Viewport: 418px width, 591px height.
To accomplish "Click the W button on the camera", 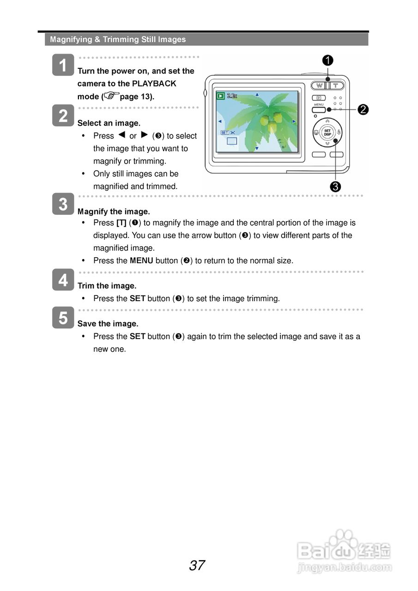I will (x=319, y=85).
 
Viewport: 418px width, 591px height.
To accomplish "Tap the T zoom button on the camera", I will (x=336, y=85).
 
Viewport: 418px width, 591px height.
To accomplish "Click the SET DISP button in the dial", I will (x=327, y=132).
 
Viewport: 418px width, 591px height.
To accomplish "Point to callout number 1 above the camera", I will (x=328, y=60).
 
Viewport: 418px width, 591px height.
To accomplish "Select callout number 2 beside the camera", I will (x=363, y=109).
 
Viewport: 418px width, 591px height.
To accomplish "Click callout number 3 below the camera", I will (x=335, y=186).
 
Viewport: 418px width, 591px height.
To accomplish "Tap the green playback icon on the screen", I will (x=221, y=96).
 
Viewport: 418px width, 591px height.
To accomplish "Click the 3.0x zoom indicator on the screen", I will (x=232, y=96).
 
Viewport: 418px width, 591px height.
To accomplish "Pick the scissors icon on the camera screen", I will (x=233, y=133).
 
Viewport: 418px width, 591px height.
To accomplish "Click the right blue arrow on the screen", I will (x=294, y=121).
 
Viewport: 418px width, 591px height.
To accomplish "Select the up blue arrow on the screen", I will (x=257, y=95).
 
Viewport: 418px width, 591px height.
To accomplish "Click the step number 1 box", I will (x=63, y=65).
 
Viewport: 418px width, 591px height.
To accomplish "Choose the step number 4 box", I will (x=63, y=280).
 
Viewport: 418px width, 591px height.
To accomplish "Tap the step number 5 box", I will (x=63, y=318).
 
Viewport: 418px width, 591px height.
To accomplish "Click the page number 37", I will (x=197, y=565).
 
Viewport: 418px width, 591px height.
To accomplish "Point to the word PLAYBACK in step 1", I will (x=154, y=84).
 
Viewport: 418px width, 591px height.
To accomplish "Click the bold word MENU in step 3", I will (x=141, y=260).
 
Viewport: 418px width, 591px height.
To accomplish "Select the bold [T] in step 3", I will (x=121, y=223).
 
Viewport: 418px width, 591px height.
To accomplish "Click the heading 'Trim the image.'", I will (x=107, y=286).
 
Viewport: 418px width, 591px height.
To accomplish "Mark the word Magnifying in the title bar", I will (x=71, y=39).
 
